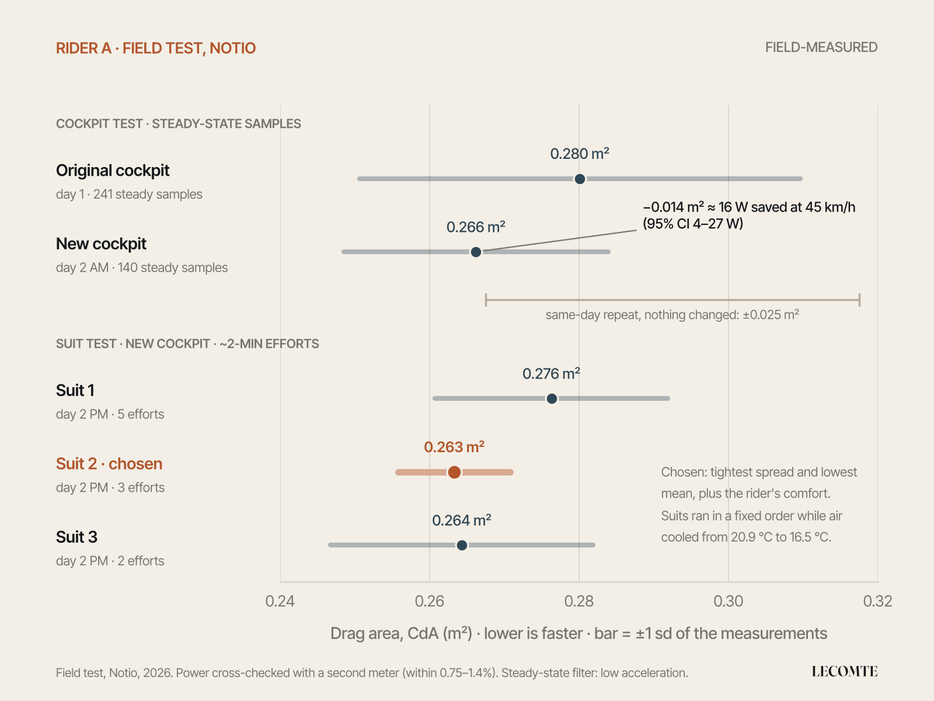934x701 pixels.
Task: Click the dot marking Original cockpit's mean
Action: [x=579, y=179]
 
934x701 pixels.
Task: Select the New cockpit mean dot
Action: [x=476, y=252]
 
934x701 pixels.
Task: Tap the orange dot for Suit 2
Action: [x=454, y=472]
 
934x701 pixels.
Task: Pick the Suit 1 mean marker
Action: [x=552, y=398]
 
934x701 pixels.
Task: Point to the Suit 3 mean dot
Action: [x=462, y=545]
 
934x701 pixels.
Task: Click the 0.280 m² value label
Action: [x=580, y=154]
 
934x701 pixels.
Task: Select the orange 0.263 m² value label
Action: [x=454, y=447]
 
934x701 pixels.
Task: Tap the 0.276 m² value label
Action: [x=551, y=374]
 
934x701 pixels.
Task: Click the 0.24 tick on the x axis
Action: [x=280, y=601]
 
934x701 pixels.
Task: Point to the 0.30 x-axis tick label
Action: [x=728, y=601]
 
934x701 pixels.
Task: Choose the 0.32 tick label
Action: [x=877, y=601]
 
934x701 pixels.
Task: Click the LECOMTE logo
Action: [x=845, y=672]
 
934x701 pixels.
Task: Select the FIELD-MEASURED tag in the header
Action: [x=821, y=47]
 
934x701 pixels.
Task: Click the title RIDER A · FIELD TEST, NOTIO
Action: [x=156, y=48]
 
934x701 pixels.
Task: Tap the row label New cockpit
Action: [x=101, y=244]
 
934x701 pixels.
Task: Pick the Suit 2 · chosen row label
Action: [x=109, y=464]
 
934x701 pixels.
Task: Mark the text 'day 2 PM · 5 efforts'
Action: [x=110, y=414]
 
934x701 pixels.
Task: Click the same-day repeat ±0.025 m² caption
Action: [x=672, y=315]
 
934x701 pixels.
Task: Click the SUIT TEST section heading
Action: [x=187, y=344]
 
